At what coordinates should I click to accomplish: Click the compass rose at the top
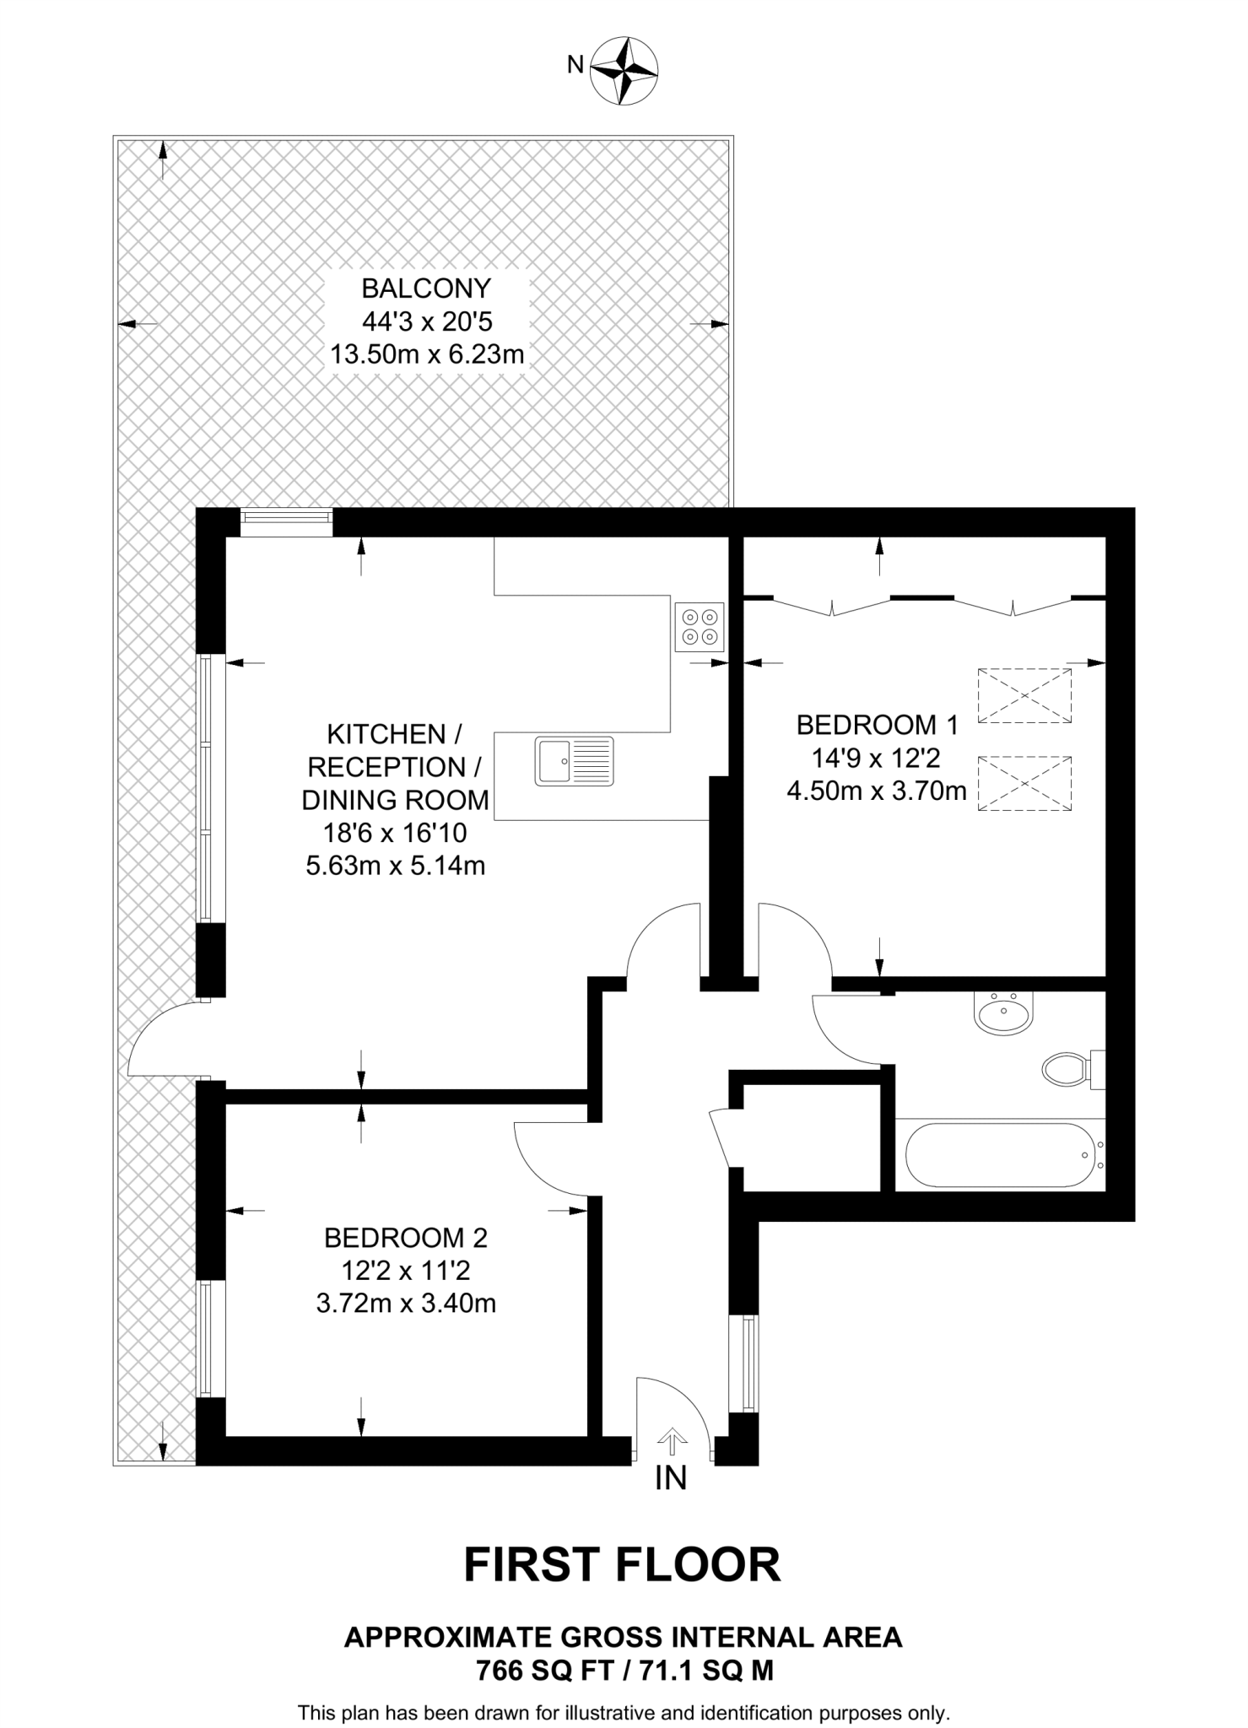[624, 71]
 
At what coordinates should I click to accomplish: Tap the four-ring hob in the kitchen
[700, 627]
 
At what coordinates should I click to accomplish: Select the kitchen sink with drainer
[574, 761]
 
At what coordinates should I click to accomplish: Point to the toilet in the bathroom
[1067, 1070]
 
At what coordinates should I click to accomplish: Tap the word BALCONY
[425, 289]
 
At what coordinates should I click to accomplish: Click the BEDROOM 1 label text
[878, 725]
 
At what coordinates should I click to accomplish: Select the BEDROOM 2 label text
[406, 1238]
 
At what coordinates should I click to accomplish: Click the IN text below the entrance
[671, 1478]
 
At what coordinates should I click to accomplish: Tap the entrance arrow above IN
[672, 1441]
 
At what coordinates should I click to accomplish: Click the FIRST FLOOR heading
[623, 1565]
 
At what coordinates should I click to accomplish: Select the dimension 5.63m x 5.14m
[395, 866]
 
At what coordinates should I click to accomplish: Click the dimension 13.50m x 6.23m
[427, 354]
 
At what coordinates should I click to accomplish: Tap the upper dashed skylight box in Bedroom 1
[1024, 695]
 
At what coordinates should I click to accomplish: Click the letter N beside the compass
[575, 65]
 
